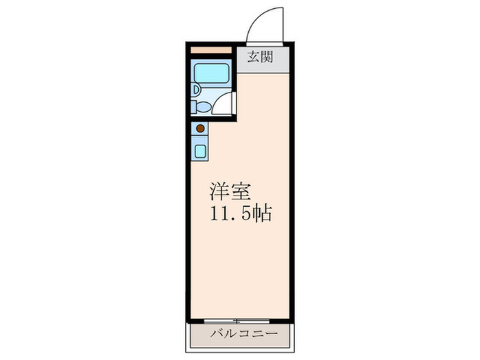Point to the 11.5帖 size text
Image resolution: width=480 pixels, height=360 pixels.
coord(241,214)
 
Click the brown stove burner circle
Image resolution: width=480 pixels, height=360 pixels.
coord(200,128)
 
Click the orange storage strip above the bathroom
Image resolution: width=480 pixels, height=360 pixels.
coord(211,50)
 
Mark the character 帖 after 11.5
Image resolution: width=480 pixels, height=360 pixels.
coord(263,214)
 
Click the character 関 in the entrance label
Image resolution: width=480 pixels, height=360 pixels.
coord(267,58)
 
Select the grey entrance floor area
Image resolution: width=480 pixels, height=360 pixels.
coord(263,58)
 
